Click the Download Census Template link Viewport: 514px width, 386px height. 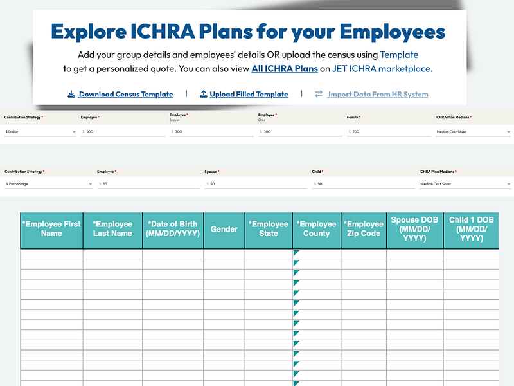(125, 95)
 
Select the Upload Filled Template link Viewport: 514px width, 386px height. (249, 95)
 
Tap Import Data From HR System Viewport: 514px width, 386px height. (378, 95)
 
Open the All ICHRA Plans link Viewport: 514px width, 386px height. (285, 69)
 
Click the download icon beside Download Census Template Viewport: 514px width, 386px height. (71, 95)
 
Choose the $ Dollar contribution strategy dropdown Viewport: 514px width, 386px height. (40, 131)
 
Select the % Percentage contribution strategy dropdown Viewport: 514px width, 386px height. (48, 184)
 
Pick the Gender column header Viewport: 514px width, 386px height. (224, 229)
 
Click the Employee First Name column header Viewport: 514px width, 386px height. (51, 229)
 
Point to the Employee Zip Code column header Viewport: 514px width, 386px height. (364, 229)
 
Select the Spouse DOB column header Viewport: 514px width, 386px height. (414, 229)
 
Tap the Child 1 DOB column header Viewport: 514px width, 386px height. (471, 229)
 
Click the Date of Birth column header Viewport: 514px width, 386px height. (173, 229)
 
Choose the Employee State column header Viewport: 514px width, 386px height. (269, 229)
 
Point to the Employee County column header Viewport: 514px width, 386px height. (316, 229)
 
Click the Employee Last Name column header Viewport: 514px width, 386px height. (112, 229)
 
